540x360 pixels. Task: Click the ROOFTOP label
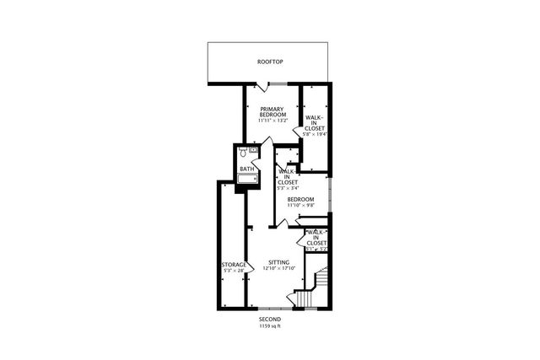[x=270, y=62]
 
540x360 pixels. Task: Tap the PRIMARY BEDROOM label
[x=273, y=111]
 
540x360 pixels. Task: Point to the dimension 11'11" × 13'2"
[x=273, y=121]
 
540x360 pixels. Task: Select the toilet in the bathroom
[x=242, y=153]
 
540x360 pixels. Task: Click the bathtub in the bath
[x=248, y=178]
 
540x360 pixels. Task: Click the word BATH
[x=247, y=169]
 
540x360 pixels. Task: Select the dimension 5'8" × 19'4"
[x=315, y=133]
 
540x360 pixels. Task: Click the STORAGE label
[x=234, y=265]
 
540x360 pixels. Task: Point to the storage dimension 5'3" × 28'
[x=234, y=271]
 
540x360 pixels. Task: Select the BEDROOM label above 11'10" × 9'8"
[x=300, y=199]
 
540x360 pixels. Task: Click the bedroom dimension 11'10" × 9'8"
[x=300, y=205]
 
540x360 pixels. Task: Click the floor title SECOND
[x=270, y=320]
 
